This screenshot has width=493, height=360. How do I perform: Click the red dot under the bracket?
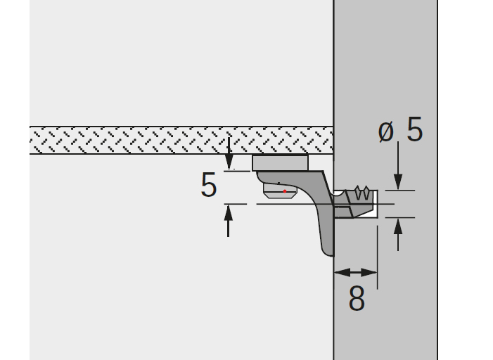coord(285,191)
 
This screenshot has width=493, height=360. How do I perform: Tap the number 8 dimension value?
coord(357,298)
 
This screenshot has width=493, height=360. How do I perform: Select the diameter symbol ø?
coord(386,131)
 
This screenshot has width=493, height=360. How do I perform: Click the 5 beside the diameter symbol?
coord(415,129)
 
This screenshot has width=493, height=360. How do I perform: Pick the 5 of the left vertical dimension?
coord(209,184)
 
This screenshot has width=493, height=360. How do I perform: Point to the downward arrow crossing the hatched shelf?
coord(229,153)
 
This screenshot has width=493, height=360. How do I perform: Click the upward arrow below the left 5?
coord(229,221)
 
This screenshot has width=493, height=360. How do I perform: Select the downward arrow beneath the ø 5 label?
coord(398,165)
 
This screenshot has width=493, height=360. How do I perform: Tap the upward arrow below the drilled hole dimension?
coord(398,235)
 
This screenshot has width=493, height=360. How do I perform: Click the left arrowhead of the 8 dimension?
coord(342,273)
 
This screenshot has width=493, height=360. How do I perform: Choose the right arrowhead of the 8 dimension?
coord(369,273)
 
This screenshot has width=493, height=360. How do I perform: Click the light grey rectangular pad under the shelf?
coord(280,163)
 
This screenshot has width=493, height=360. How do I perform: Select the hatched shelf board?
coord(181,140)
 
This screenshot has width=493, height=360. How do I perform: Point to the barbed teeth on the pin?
coord(362,193)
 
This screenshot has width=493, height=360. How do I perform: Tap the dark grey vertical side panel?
coord(385,94)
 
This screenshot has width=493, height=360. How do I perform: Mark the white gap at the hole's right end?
coord(375,204)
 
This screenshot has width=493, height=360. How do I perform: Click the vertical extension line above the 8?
coord(377,257)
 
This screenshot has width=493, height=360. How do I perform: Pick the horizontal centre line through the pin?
coord(326,204)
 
